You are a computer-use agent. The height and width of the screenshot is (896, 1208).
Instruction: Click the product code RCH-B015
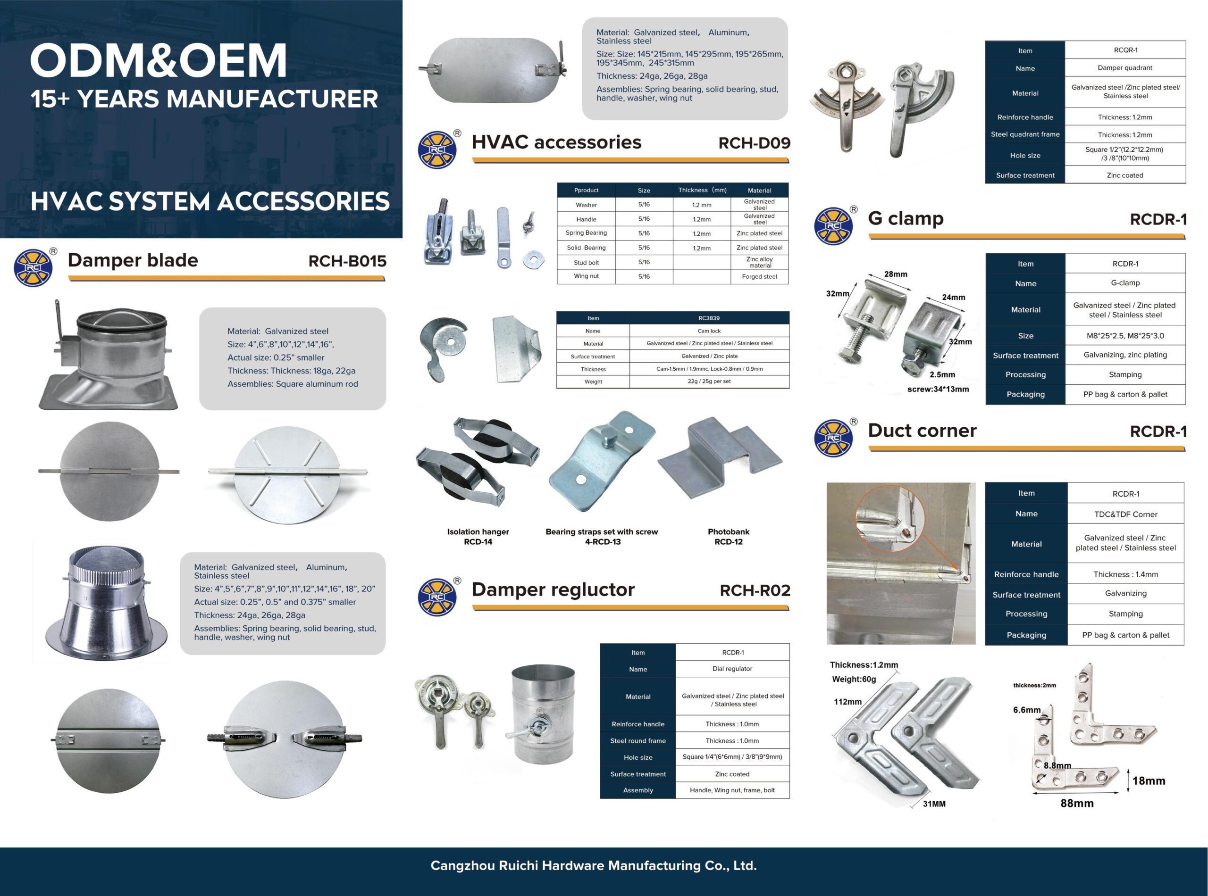click(347, 261)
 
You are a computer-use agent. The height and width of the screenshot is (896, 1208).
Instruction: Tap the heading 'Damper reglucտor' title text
click(553, 589)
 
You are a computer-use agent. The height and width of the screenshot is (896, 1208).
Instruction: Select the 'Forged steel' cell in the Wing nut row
click(759, 277)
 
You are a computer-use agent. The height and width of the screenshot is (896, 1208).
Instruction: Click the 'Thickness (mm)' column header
click(702, 191)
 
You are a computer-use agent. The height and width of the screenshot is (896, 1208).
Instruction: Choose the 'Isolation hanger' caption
click(478, 531)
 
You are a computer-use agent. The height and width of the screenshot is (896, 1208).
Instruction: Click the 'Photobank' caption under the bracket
click(728, 531)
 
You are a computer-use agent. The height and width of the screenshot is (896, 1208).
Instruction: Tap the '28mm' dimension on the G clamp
click(896, 274)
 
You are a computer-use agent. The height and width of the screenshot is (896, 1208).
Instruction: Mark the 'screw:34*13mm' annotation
click(938, 389)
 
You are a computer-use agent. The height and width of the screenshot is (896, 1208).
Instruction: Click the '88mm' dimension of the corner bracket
click(1077, 803)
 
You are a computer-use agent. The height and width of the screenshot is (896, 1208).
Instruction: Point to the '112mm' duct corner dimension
click(847, 702)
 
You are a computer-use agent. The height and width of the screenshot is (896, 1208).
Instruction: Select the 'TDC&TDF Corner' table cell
click(1125, 514)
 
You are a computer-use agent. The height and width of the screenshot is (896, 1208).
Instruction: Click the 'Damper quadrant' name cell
click(1125, 68)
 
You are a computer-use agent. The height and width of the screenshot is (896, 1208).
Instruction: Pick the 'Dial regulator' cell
click(732, 669)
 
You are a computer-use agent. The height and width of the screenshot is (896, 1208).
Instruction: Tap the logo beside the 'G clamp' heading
click(833, 225)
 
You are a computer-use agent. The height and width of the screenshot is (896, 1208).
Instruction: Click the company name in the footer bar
click(593, 866)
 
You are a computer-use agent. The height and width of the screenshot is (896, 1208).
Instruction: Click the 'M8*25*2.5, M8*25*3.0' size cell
click(1125, 336)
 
